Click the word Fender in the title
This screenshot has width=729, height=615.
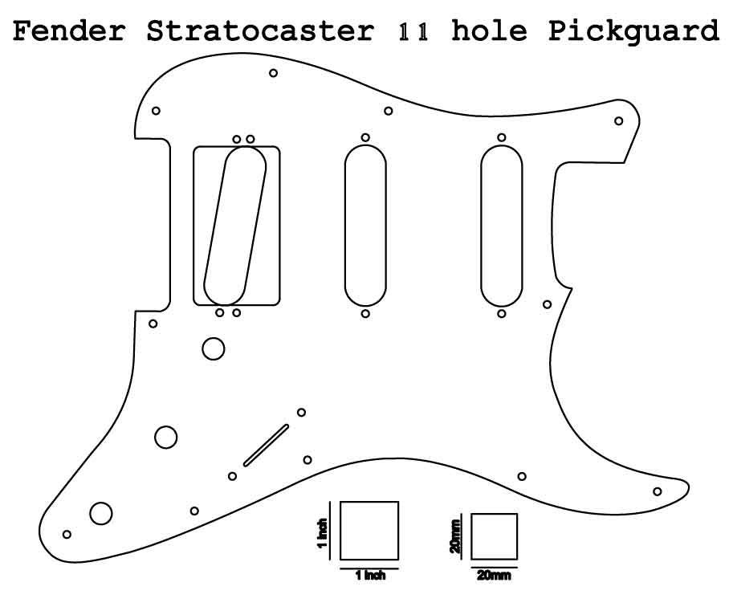pos(69,31)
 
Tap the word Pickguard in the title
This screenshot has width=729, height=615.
pos(633,31)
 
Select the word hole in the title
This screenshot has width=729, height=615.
pos(489,31)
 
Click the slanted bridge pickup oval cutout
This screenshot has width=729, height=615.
pos(235,226)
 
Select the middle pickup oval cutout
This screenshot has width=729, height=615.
pos(365,226)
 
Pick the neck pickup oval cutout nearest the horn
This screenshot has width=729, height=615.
pos(502,226)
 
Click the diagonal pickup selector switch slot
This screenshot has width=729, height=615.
pos(266,444)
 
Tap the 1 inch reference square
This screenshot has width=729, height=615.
pos(369,531)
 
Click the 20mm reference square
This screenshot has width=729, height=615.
pos(494,537)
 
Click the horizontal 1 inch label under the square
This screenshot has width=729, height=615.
pos(369,576)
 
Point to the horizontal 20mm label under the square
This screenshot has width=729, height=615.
pos(494,576)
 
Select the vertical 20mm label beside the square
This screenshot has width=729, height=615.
pos(456,537)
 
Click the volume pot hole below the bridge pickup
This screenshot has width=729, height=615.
pos(214,348)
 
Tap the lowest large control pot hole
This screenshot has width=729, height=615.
pos(101,513)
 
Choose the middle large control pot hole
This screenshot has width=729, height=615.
pos(166,437)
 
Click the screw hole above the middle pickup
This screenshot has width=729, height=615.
pos(365,137)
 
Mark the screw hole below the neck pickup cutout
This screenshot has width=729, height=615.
pos(502,313)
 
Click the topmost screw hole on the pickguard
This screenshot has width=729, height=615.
pos(273,73)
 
